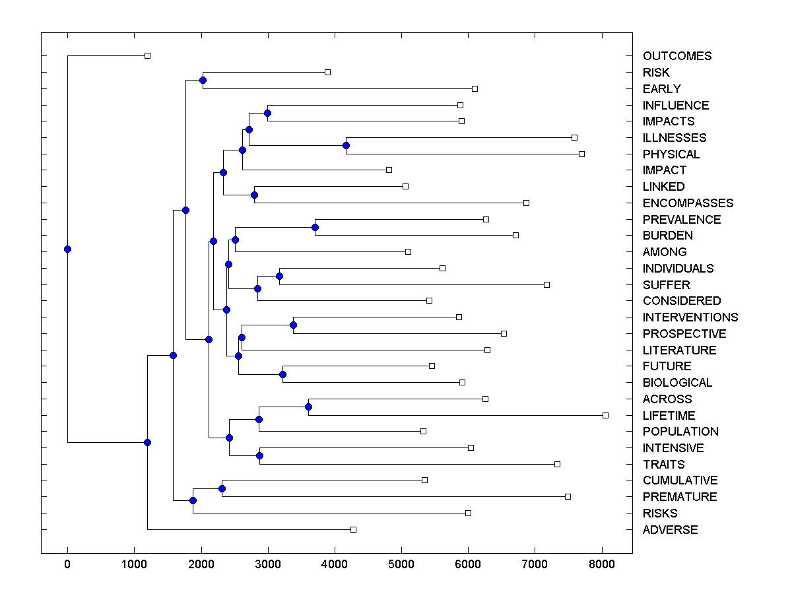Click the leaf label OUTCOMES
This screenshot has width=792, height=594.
point(677,56)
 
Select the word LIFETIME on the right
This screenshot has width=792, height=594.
point(669,415)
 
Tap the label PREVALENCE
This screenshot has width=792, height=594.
point(682,219)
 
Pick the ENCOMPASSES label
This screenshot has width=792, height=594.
point(688,203)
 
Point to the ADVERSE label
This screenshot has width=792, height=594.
point(670,529)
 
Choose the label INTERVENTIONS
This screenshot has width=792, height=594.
point(690,317)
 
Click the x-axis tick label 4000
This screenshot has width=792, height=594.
point(335,564)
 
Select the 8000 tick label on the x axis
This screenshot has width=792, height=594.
point(601,564)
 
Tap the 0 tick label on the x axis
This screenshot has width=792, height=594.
point(67,564)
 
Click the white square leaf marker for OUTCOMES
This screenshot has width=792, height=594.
point(147,55)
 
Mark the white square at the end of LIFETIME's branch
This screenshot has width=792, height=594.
point(605,415)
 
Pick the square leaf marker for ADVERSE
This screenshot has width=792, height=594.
point(353,529)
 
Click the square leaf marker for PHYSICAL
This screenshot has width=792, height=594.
point(581,154)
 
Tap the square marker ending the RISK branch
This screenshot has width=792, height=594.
point(327,72)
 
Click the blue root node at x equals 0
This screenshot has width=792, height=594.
point(67,249)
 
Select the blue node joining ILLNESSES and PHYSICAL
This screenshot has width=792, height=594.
point(346,145)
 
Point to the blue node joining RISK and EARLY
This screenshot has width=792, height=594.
point(203,80)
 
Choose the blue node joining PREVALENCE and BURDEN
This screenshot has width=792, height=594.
point(315,227)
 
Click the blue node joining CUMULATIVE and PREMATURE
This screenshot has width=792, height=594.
point(222,488)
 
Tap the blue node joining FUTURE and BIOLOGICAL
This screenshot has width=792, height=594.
point(282,374)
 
